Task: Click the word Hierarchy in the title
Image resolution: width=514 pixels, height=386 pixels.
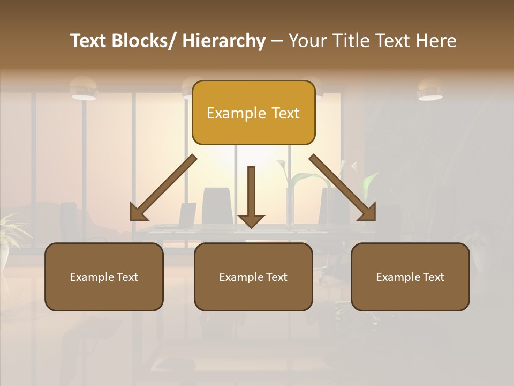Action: (x=224, y=41)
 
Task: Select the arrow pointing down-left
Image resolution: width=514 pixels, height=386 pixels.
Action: (x=163, y=188)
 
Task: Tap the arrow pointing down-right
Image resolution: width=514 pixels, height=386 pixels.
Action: (x=343, y=188)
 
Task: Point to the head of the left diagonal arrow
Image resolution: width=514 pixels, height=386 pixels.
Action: (x=138, y=213)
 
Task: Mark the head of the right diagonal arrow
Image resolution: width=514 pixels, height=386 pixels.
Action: (x=368, y=213)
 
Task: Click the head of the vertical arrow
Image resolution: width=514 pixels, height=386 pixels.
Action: (x=251, y=220)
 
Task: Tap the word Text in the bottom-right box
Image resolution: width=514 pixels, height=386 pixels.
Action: (x=433, y=277)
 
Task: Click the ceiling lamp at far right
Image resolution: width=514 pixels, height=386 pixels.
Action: (x=430, y=90)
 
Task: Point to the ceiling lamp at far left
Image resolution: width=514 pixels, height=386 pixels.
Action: (x=84, y=88)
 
